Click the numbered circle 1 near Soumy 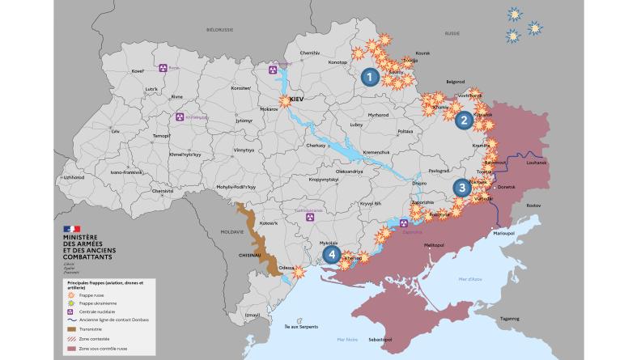(370, 78)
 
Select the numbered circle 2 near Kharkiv (464, 121)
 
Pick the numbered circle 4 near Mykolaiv (331, 254)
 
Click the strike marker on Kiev (286, 101)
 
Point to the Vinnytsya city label (244, 150)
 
